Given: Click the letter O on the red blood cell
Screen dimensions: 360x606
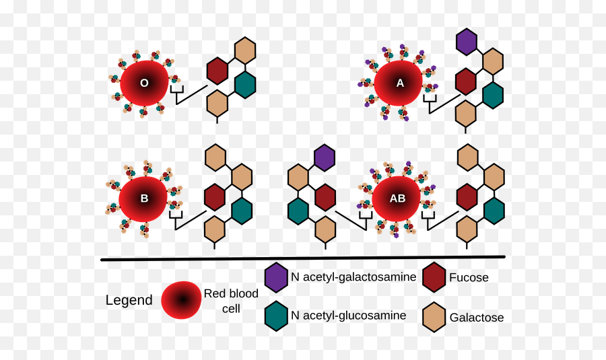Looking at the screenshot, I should point(143,83).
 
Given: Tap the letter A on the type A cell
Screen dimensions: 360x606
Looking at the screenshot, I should point(400,83).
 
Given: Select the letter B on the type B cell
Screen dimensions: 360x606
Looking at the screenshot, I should point(144,199).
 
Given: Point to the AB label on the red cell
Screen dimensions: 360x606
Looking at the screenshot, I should point(397,199).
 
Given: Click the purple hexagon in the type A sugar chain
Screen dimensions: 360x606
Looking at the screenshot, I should point(466,42).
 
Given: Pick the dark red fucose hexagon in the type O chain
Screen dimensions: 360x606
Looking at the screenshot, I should point(217,71).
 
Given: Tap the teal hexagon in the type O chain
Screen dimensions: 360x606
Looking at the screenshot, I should point(245,83).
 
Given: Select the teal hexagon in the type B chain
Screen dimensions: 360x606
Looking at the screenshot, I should point(242,211).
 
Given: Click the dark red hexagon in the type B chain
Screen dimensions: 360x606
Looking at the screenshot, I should point(214,197).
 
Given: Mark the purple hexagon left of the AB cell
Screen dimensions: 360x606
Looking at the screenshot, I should point(325,157).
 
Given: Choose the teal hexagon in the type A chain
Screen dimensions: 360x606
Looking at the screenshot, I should point(494,95).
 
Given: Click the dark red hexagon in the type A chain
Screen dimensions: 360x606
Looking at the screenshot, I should point(466,81).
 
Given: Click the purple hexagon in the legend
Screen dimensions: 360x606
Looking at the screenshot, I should point(276,278).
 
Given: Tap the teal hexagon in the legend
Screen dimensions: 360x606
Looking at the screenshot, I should point(276,316).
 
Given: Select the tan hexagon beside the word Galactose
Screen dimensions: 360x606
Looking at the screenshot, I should point(434,318).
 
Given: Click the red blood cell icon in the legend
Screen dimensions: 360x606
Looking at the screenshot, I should point(181,300).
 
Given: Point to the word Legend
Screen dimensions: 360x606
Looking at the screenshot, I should point(129,300).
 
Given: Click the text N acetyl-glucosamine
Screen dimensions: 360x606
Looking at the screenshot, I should point(348,316).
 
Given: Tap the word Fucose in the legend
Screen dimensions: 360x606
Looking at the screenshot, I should point(469,277).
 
